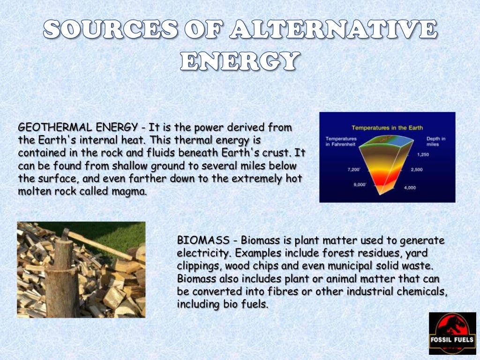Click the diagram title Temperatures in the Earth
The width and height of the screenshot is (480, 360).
pyautogui.click(x=387, y=127)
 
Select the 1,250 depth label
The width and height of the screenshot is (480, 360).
pyautogui.click(x=422, y=154)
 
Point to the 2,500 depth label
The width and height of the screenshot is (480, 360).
pyautogui.click(x=416, y=170)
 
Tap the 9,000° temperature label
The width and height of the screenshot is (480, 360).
pyautogui.click(x=360, y=185)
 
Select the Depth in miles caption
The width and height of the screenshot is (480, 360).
pyautogui.click(x=435, y=141)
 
